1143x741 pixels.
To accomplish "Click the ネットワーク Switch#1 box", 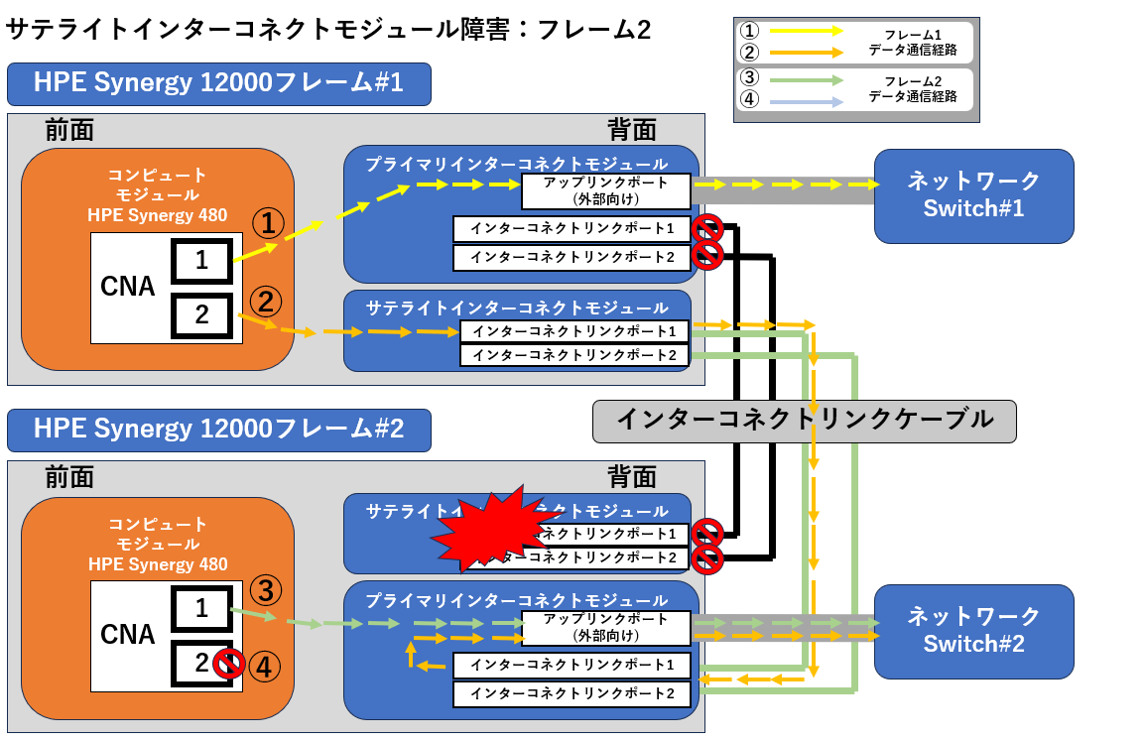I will click(973, 195).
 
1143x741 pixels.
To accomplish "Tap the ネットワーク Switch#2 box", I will click(973, 630).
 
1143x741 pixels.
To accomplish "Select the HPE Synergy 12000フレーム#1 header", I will click(219, 83).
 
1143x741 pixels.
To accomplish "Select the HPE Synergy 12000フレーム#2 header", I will click(219, 430).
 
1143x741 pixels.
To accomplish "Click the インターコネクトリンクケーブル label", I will click(805, 420).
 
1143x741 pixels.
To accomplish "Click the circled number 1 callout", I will click(268, 223).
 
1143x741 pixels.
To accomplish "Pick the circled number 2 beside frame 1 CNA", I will click(265, 299).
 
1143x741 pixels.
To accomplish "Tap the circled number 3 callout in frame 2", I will click(265, 591).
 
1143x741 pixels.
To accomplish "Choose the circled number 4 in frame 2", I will click(265, 665).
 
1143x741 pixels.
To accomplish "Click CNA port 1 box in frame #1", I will click(202, 262).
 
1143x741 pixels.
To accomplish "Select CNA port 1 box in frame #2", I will click(202, 608).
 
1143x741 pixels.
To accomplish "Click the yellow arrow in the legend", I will click(806, 31).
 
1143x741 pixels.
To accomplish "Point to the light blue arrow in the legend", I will click(806, 101).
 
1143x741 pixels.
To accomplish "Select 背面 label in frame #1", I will click(632, 129).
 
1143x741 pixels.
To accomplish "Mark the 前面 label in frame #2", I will click(69, 477).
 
